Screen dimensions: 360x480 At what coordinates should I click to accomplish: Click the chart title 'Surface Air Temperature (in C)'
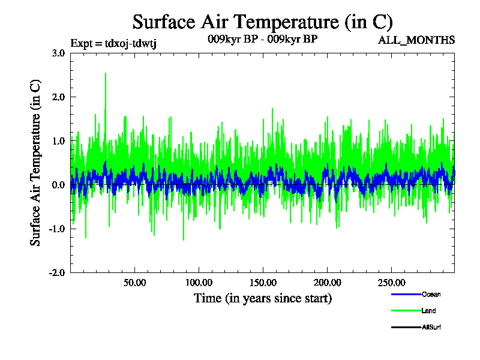[262, 22]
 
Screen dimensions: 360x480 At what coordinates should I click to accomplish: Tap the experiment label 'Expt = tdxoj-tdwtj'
[113, 43]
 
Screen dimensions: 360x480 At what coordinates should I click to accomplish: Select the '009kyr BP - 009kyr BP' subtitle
[262, 40]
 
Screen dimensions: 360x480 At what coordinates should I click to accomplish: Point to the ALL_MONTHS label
[416, 40]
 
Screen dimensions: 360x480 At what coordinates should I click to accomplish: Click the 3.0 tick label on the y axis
[58, 53]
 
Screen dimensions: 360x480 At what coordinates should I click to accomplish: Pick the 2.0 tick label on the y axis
[58, 97]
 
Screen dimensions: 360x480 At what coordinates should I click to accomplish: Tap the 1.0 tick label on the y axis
[58, 141]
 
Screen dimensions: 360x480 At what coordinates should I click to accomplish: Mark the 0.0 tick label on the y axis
[58, 185]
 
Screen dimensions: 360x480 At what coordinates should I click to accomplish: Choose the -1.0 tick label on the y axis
[56, 229]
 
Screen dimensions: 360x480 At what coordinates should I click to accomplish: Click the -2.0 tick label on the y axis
[56, 272]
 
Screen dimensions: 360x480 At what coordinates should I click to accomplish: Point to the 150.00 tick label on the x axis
[263, 283]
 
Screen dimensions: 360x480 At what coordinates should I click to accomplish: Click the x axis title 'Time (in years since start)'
[262, 298]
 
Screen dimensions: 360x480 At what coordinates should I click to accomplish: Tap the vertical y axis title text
[36, 162]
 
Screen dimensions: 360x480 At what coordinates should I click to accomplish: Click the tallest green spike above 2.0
[106, 74]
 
